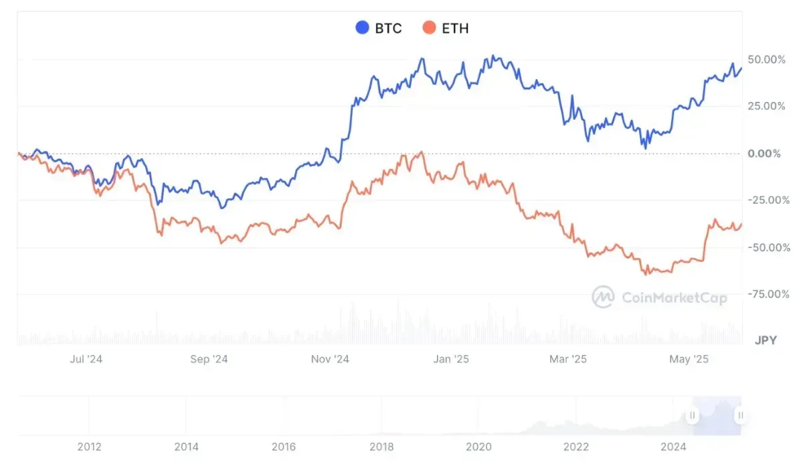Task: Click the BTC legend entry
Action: coord(379,28)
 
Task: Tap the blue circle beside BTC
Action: coord(362,28)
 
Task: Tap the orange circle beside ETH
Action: coord(429,28)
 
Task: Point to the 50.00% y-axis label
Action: coord(767,60)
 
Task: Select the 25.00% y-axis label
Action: coord(767,107)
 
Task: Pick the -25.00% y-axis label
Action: coord(767,200)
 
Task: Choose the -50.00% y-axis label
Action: coord(767,247)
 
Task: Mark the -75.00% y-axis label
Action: coord(767,294)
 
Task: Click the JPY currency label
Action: coord(766,340)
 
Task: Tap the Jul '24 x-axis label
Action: coord(86,359)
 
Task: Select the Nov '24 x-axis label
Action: coord(330,359)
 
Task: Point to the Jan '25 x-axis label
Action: coord(452,359)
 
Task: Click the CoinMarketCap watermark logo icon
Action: coord(603,297)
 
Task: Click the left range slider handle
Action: coord(693,415)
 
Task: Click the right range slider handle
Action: coord(740,415)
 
